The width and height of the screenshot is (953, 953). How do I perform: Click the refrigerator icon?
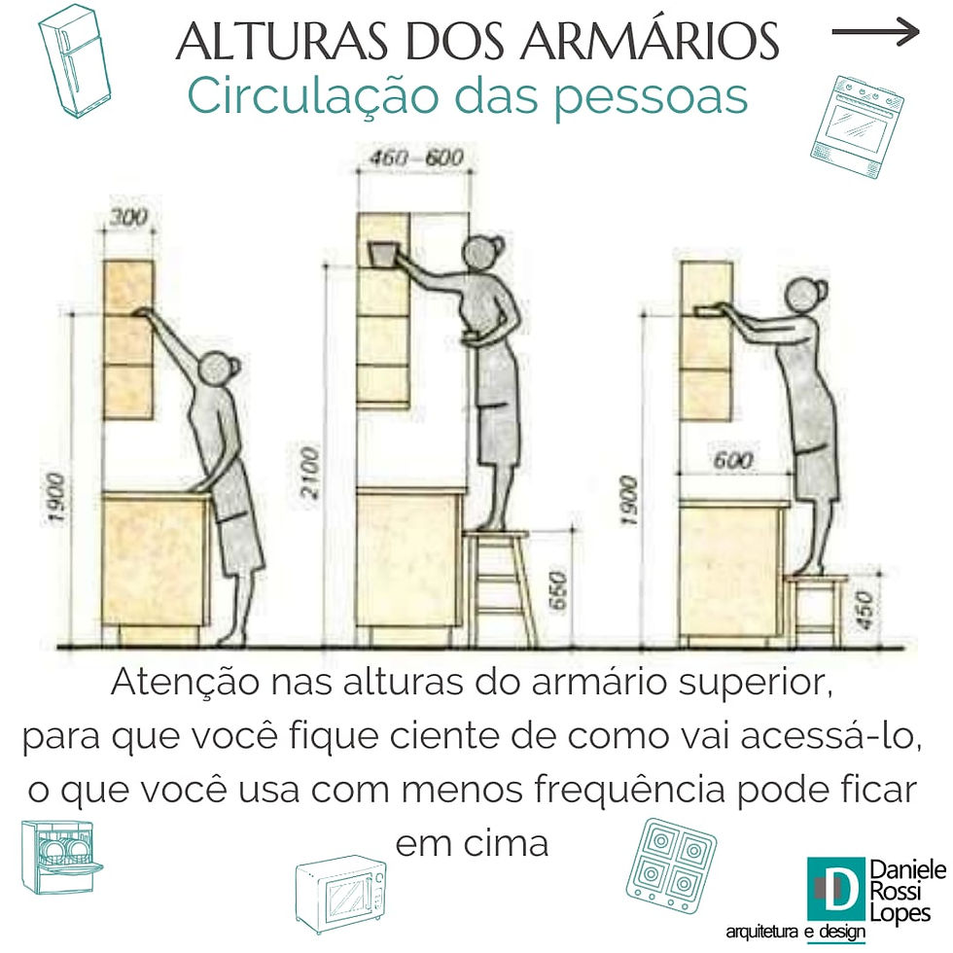click(x=74, y=61)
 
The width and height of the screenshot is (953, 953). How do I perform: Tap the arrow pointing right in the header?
click(x=875, y=31)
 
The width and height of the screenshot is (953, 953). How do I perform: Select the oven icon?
click(x=857, y=127)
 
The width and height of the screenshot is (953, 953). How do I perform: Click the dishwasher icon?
click(x=60, y=858)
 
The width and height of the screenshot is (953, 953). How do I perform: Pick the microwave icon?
click(x=341, y=894)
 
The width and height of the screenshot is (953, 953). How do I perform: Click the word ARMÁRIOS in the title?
click(x=649, y=41)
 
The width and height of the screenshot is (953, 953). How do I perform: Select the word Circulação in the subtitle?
click(x=312, y=97)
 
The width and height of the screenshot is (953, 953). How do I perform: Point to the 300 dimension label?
click(x=128, y=216)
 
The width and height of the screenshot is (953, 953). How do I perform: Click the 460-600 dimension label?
click(x=416, y=158)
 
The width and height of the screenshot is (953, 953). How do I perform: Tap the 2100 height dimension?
click(x=310, y=473)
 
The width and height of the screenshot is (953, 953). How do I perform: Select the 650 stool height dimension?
click(x=557, y=589)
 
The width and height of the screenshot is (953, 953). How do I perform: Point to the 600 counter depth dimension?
click(x=733, y=459)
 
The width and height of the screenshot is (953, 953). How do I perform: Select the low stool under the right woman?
click(x=815, y=610)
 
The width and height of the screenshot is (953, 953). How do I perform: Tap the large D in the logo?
click(x=835, y=889)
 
